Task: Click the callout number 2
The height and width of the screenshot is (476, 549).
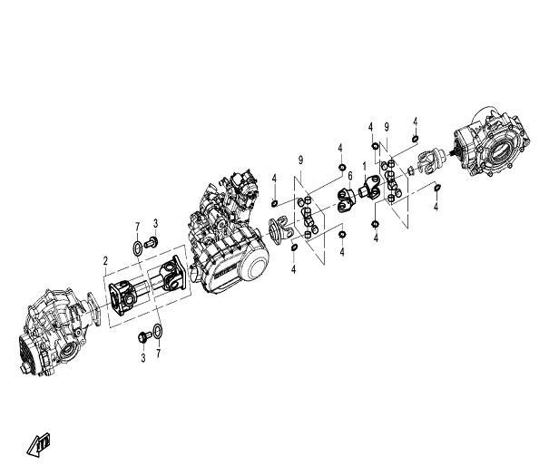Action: [105, 260]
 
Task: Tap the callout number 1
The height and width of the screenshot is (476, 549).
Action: [365, 167]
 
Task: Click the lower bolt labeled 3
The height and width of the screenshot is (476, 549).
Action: [142, 336]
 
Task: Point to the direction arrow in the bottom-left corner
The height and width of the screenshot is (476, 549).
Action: [39, 443]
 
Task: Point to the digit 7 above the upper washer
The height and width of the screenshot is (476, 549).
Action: [137, 224]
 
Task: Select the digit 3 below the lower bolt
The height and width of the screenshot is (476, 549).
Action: [142, 358]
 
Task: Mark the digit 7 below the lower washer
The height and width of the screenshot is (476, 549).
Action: [159, 353]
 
